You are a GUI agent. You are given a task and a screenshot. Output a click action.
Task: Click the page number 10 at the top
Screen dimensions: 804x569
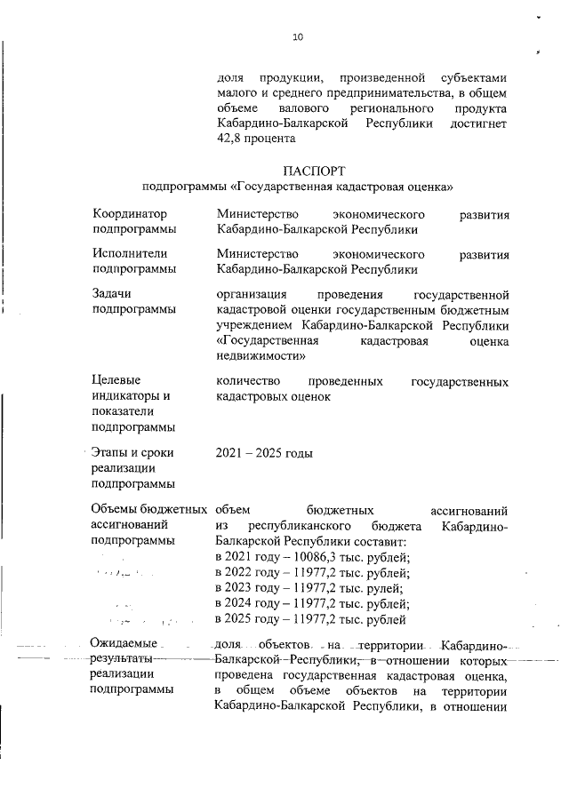coord(298,36)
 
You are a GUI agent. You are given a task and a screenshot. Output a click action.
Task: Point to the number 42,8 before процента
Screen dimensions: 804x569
coord(231,138)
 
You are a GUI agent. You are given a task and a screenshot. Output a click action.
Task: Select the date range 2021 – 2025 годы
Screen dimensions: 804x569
coord(264,453)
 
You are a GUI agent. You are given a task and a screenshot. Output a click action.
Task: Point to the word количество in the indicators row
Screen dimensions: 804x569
coord(248,381)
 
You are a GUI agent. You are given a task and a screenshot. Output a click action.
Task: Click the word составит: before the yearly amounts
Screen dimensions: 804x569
coord(377,541)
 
